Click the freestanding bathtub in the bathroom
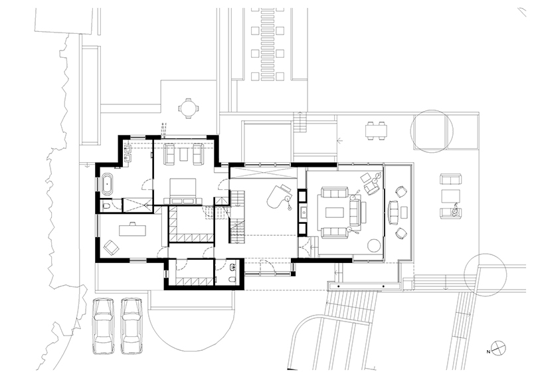click(x=107, y=185)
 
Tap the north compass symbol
click(x=499, y=348)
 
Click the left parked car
click(x=104, y=326)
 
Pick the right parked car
click(x=132, y=326)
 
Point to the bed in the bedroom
click(x=183, y=192)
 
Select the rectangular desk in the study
click(x=132, y=230)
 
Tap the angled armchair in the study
click(x=111, y=248)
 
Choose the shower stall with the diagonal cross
click(x=137, y=205)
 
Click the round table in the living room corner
click(x=374, y=246)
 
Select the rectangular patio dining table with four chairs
click(x=376, y=130)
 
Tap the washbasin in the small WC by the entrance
click(x=232, y=267)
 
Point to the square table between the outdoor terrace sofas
click(x=450, y=197)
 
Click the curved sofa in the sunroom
click(x=393, y=212)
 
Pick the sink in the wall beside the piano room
click(x=302, y=213)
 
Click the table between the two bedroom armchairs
click(x=183, y=155)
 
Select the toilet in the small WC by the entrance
click(x=232, y=280)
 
